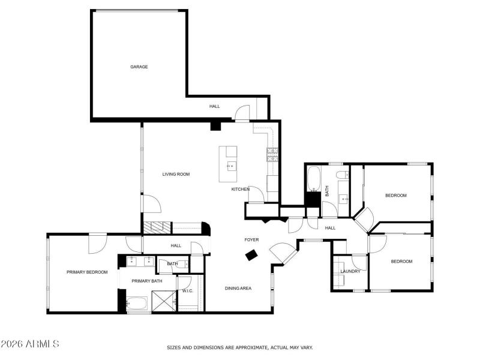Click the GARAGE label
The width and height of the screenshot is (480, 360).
139,67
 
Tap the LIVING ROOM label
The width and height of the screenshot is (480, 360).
176,174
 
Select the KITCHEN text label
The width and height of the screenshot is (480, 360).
241,189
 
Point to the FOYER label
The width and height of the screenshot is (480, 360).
251,240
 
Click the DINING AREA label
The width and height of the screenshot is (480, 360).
238,289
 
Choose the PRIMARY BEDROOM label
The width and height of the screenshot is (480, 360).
87,272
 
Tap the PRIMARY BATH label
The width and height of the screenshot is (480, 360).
147,281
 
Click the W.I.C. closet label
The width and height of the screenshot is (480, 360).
187,291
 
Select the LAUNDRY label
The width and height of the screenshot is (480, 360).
350,271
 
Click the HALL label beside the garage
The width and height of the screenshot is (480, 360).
214,106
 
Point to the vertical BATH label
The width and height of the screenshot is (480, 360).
327,191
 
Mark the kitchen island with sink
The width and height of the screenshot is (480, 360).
228,164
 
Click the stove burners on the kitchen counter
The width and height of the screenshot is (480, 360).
272,154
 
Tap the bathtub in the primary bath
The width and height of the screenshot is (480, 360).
138,304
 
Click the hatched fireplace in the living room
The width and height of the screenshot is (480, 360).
157,227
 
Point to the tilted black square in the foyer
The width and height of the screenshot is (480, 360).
251,256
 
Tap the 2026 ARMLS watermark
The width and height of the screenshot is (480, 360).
30,344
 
